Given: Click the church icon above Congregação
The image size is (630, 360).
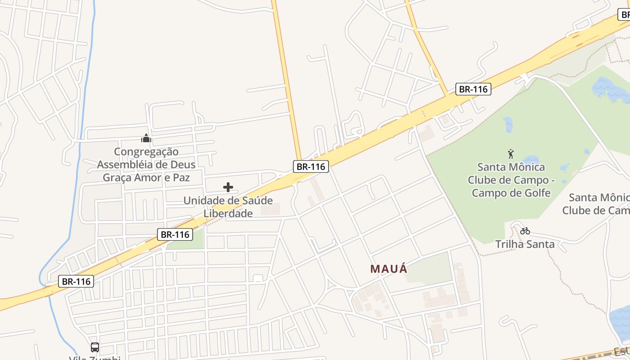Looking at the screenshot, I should tap(146, 138).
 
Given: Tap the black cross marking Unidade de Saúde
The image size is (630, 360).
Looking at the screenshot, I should tap(228, 187).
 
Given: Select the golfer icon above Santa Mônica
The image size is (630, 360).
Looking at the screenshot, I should tap(511, 154).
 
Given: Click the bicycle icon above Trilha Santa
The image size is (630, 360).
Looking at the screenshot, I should tap(525, 231).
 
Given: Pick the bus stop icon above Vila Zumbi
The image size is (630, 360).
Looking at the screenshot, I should tap(95, 347).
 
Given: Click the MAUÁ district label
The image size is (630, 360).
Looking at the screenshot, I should tap(389, 269).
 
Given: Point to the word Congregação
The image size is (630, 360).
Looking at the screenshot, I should tap(146, 152).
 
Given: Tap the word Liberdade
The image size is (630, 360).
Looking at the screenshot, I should tap(228, 213).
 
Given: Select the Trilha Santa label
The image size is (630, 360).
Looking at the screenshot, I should tap(525, 244).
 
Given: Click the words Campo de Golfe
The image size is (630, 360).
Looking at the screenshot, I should tap(511, 193).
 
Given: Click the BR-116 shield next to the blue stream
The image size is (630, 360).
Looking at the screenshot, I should tap(76, 282).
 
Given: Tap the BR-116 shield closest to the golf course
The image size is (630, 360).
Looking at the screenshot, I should tap(472, 89).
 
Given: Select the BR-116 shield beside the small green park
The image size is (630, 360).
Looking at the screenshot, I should tap(175, 234).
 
